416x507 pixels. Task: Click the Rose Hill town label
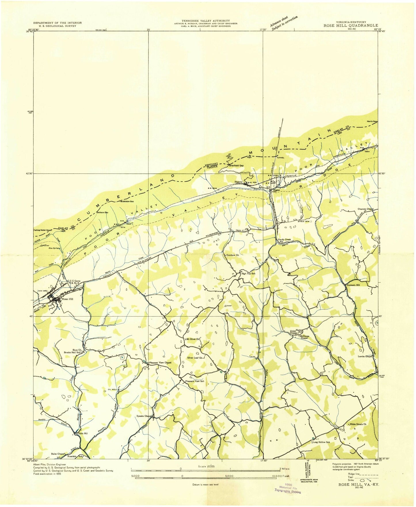point(69,299)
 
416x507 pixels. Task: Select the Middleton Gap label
point(127,201)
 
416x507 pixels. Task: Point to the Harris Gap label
point(372,121)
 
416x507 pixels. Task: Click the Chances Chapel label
point(365,209)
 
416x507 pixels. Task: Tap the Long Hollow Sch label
point(322,442)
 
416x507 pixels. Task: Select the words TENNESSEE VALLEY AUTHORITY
point(206,21)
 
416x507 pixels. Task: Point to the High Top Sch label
point(248,273)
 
